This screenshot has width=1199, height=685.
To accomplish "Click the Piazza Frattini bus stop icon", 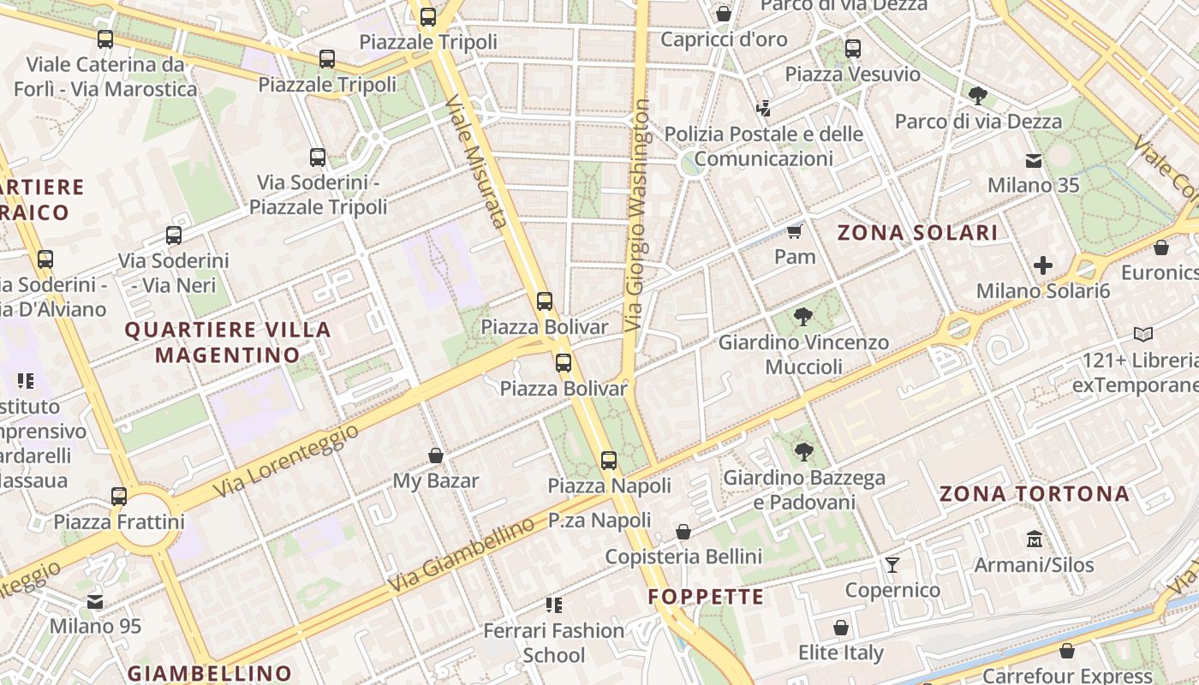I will coord(119,496).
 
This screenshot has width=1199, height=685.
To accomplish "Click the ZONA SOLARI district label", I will coord(917,233).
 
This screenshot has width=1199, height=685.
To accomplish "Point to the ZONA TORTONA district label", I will coord(1034,494).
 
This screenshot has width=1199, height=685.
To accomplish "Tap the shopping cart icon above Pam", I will coord(794,232).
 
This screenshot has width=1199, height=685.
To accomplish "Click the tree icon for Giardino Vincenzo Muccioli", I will coord(802,318).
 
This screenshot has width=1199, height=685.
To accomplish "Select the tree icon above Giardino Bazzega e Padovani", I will coord(802,452).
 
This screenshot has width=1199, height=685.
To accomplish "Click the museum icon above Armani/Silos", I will coord(1034,539).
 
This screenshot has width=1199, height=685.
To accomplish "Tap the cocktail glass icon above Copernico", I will coord(892,564).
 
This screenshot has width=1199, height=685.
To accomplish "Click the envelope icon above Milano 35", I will coord(1034,160).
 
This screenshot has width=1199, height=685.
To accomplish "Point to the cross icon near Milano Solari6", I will coord(1042,265).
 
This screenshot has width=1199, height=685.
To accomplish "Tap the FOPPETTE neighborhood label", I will coord(706,597).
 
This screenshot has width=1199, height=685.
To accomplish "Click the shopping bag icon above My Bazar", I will coord(435,456).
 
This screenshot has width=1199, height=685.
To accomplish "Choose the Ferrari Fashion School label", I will coord(554,643).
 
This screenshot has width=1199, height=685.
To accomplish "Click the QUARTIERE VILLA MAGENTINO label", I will coord(228,342).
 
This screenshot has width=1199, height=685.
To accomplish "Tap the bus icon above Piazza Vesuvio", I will coord(852,48).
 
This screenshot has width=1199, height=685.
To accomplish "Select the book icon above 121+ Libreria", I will coord(1142,334).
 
